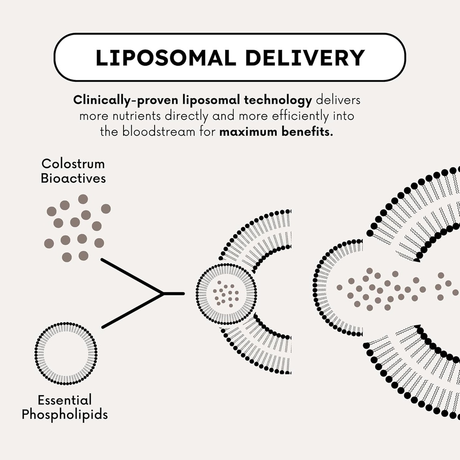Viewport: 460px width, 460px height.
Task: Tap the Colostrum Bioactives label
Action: click(x=73, y=171)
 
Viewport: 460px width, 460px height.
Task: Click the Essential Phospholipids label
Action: click(x=65, y=407)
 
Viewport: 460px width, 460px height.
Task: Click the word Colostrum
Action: click(x=73, y=164)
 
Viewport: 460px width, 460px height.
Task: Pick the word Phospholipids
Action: click(x=65, y=414)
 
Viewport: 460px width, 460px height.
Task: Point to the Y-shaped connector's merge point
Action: click(x=163, y=293)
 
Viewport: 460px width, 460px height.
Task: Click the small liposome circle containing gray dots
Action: click(x=226, y=294)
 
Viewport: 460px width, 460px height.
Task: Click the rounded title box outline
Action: click(x=230, y=35)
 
